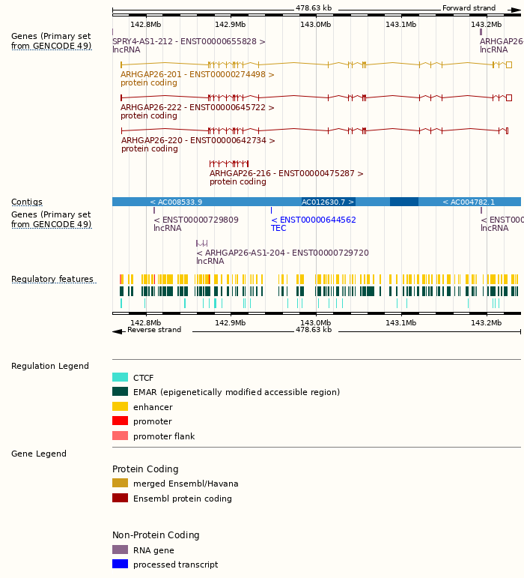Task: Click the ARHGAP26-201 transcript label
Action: tap(198, 74)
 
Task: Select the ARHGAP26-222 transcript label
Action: tap(198, 107)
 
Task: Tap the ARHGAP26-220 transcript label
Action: tap(198, 140)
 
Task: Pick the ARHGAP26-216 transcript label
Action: tap(287, 173)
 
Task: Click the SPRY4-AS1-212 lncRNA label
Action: tap(189, 41)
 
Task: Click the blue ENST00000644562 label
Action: tap(314, 220)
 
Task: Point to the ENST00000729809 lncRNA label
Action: tap(196, 220)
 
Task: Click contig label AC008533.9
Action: tap(176, 202)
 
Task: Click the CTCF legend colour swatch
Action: tap(120, 378)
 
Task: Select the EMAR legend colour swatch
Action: tap(120, 392)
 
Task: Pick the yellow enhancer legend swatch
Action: tap(120, 406)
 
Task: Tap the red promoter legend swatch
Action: tap(120, 421)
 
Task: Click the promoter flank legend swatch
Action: tap(120, 436)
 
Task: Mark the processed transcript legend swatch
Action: tap(120, 564)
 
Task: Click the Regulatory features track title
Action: tap(52, 280)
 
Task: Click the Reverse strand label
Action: tap(154, 330)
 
